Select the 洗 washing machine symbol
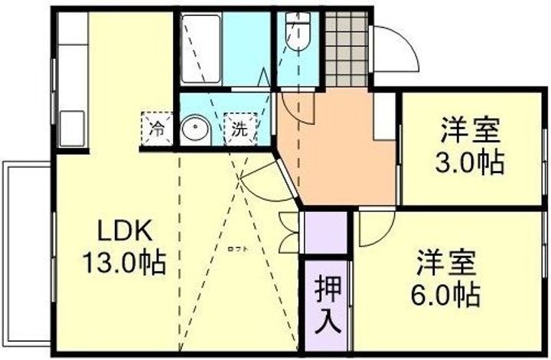point(240,129)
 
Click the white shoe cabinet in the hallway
point(383,116)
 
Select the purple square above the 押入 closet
point(325,231)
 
